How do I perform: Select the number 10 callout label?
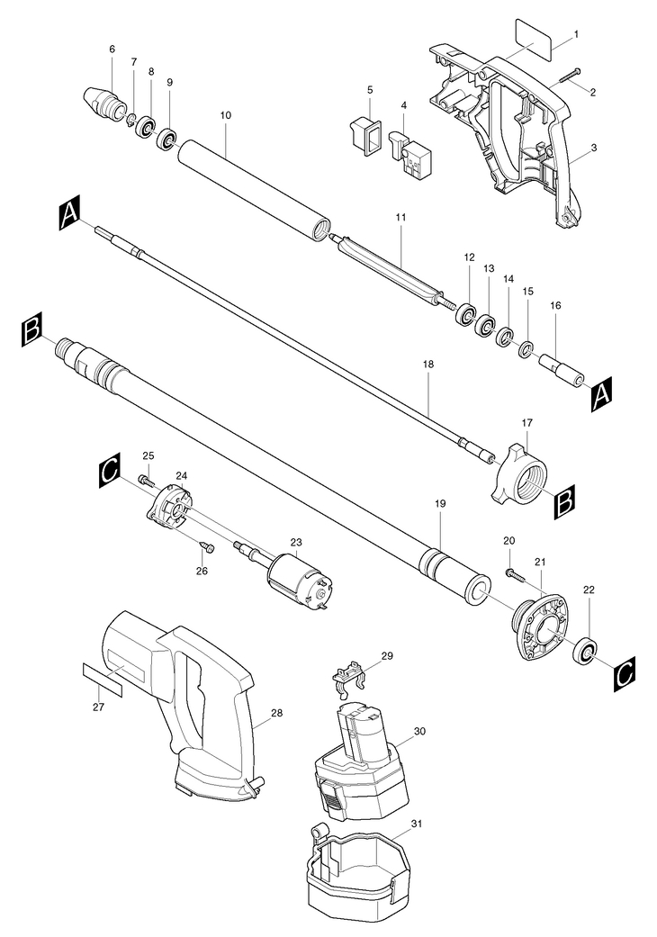point(225,114)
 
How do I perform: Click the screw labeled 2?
point(571,77)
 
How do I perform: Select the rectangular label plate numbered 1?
point(533,33)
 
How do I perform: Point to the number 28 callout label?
point(276,712)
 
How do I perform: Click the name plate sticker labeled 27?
point(102,680)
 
